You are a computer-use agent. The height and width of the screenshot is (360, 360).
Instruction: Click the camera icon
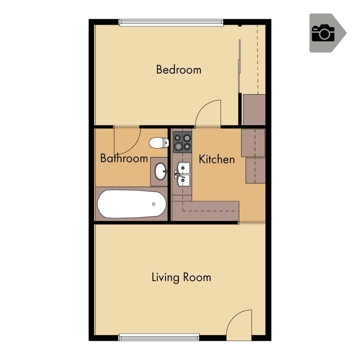click(324, 33)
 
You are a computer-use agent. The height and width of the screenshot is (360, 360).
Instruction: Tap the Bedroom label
click(179, 70)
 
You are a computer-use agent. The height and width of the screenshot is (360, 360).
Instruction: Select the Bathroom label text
click(124, 158)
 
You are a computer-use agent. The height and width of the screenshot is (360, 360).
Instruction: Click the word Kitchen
click(216, 159)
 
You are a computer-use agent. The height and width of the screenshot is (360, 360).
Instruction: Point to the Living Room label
click(181, 277)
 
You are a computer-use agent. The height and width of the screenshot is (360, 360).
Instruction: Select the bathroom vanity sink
click(160, 171)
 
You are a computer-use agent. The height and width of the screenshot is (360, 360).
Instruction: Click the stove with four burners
click(182, 142)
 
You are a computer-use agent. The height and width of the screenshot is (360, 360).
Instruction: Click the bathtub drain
click(153, 204)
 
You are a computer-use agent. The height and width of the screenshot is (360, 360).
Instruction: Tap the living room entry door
click(239, 324)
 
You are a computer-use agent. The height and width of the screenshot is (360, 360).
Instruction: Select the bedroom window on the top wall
click(171, 22)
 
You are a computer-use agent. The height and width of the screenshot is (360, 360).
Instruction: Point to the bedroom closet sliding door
click(240, 67)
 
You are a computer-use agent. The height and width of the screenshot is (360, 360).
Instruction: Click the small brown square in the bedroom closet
click(254, 109)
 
